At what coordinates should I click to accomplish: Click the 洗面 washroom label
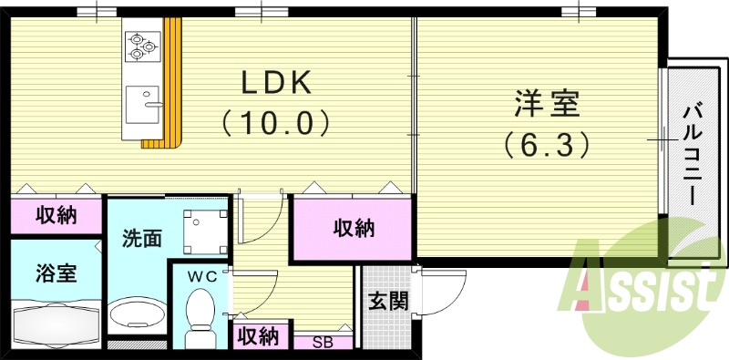[143, 239]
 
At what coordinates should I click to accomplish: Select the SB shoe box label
[322, 342]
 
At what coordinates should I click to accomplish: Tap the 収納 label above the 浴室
[56, 216]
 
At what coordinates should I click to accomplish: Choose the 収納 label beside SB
[258, 336]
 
